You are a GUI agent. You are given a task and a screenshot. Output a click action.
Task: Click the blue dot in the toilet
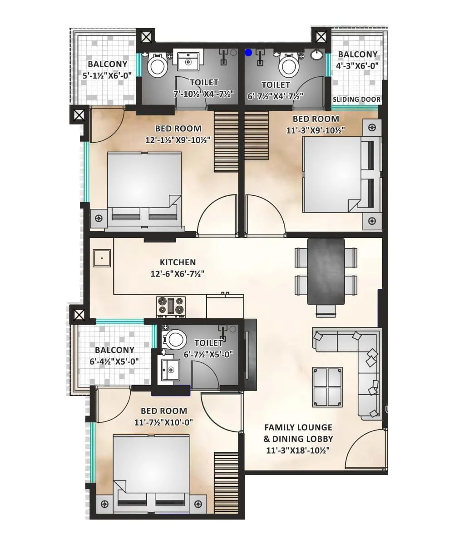coord(248,53)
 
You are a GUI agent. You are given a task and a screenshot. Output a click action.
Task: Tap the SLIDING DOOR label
coord(357,99)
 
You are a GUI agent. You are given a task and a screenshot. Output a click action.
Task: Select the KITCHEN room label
coord(178,263)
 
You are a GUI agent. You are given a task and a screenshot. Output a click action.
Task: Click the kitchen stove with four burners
coord(171,307)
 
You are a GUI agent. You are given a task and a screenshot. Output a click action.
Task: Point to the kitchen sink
coord(102,258)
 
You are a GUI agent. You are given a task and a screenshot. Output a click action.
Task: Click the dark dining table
coord(326,271)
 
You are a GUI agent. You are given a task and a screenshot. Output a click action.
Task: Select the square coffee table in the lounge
coord(327,387)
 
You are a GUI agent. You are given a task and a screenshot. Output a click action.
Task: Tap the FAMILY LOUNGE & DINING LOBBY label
coord(298,433)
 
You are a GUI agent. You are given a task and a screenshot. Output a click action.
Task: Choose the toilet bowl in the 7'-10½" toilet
coord(158,65)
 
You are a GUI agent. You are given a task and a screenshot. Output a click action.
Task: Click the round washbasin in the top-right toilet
coord(317,55)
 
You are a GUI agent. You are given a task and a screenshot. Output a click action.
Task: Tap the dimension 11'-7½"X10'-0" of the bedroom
coord(163,422)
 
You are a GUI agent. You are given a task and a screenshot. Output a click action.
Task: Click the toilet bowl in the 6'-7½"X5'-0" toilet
coord(175,339)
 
